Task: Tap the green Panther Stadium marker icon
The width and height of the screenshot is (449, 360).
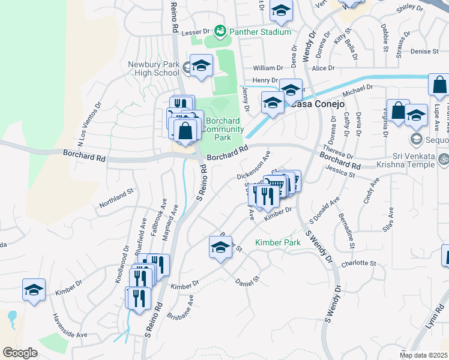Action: tap(220, 30)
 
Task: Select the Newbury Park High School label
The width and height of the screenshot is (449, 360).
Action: tap(154, 68)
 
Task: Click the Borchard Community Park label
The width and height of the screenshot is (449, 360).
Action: tap(224, 129)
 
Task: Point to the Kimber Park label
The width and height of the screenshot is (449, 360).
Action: tap(277, 242)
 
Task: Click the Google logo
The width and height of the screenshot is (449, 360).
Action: tap(20, 352)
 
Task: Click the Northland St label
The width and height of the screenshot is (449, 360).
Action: tap(116, 200)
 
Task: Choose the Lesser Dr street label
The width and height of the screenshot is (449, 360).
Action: tap(196, 31)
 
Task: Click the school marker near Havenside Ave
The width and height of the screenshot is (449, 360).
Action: tap(34, 290)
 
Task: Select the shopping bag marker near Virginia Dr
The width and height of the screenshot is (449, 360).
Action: tap(397, 111)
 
